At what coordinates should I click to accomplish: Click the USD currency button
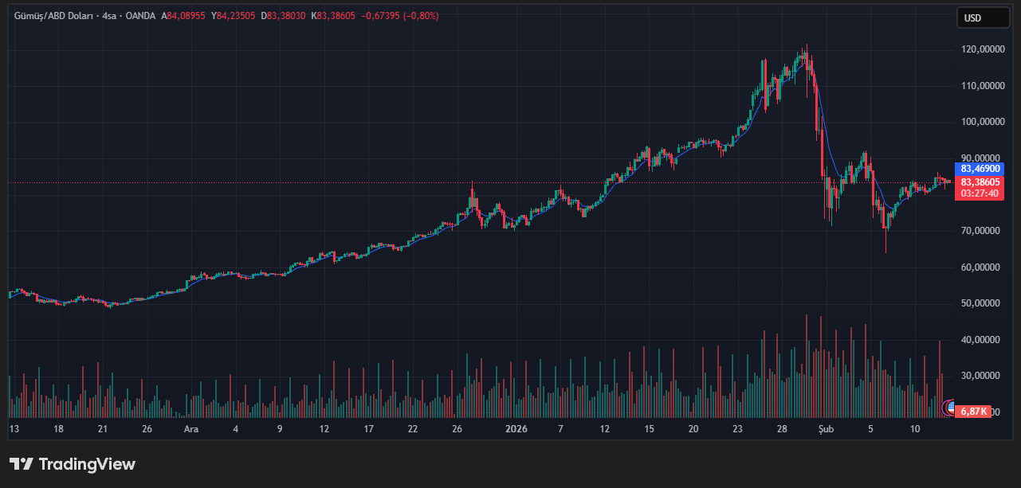(983, 18)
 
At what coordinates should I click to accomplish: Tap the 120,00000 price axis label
(981, 49)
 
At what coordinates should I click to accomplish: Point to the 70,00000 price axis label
(981, 231)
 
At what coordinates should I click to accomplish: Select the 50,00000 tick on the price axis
(981, 303)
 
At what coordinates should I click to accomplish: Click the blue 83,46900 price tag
(980, 169)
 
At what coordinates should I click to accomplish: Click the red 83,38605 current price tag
(980, 182)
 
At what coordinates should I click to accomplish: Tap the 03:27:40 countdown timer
(980, 193)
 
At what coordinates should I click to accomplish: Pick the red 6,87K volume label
(975, 412)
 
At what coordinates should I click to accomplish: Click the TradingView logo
(73, 464)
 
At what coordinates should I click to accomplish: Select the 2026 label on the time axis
(516, 429)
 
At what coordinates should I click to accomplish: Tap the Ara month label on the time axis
(191, 429)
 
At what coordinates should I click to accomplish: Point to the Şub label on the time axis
(827, 429)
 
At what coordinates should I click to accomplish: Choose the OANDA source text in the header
(140, 16)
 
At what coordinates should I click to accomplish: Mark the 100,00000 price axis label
(981, 122)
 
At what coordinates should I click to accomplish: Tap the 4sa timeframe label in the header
(109, 16)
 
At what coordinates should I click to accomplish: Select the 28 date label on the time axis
(783, 429)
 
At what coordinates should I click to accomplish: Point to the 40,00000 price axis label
(981, 340)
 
